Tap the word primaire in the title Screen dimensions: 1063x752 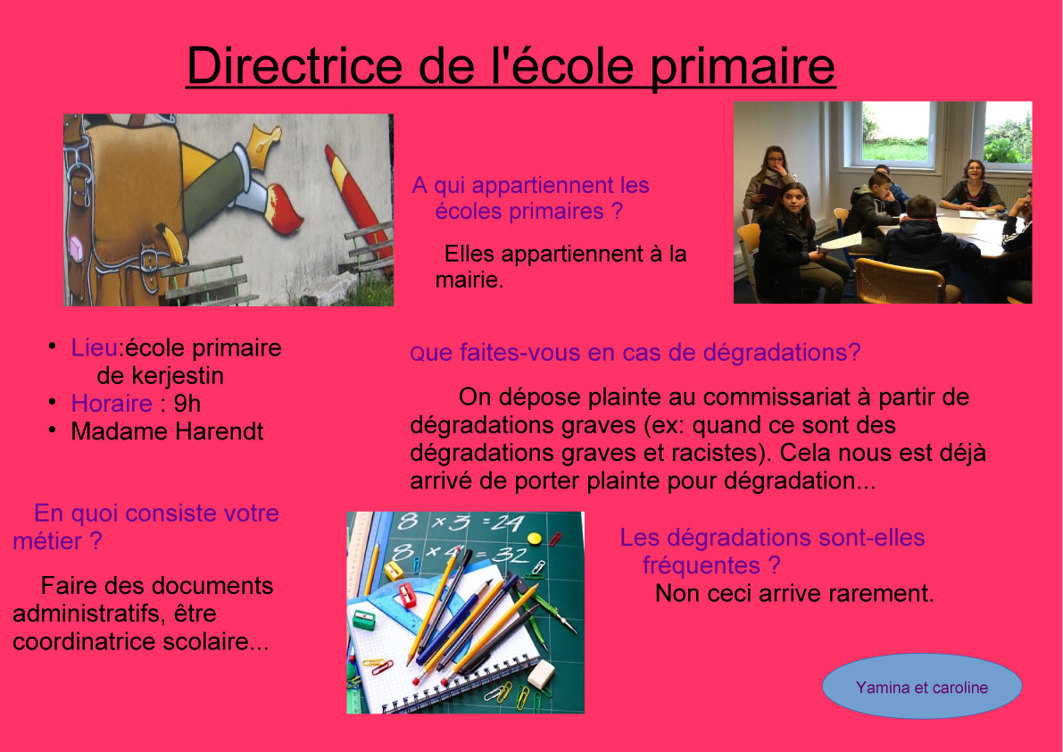[743, 67]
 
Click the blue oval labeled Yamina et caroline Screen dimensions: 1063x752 [921, 686]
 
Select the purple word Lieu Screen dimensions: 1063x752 [95, 347]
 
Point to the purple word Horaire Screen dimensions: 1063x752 [112, 403]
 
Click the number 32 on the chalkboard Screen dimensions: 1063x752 [511, 556]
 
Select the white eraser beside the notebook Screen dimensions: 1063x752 [541, 674]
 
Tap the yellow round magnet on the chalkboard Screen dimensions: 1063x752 [535, 539]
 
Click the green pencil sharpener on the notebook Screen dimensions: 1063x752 [364, 619]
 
